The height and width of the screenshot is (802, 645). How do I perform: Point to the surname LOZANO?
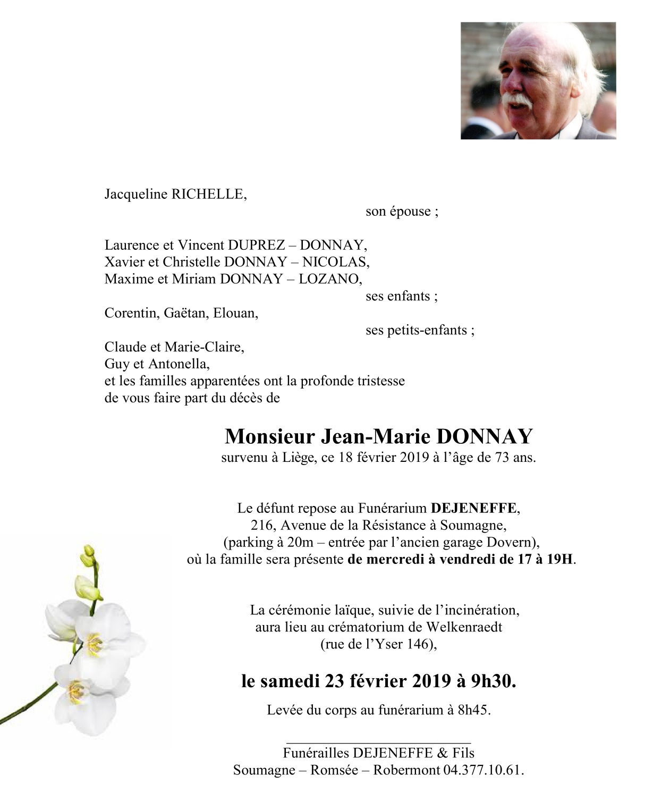pos(329,279)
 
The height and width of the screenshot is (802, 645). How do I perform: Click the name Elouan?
pos(235,313)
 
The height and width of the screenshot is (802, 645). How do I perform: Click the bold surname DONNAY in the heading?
pos(484,436)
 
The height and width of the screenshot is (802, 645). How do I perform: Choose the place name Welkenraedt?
pos(464,627)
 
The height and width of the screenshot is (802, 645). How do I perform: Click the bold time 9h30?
pos(493,681)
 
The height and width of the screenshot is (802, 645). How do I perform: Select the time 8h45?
pos(472,710)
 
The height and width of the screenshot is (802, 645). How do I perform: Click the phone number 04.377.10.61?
pos(483,770)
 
